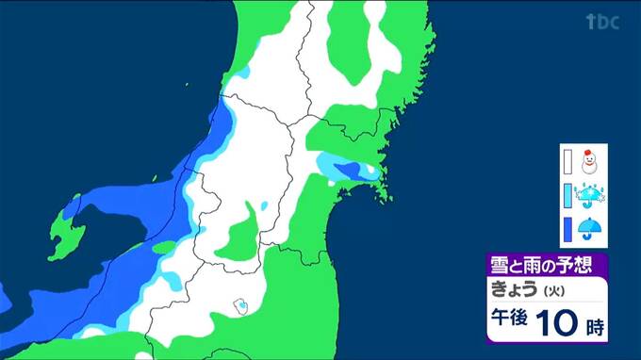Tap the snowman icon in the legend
(590, 162)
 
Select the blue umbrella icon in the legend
(591, 229)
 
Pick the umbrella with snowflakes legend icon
(591, 196)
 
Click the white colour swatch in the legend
(568, 162)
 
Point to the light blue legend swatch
(568, 196)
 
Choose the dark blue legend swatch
(568, 229)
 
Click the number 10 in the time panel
(558, 325)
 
